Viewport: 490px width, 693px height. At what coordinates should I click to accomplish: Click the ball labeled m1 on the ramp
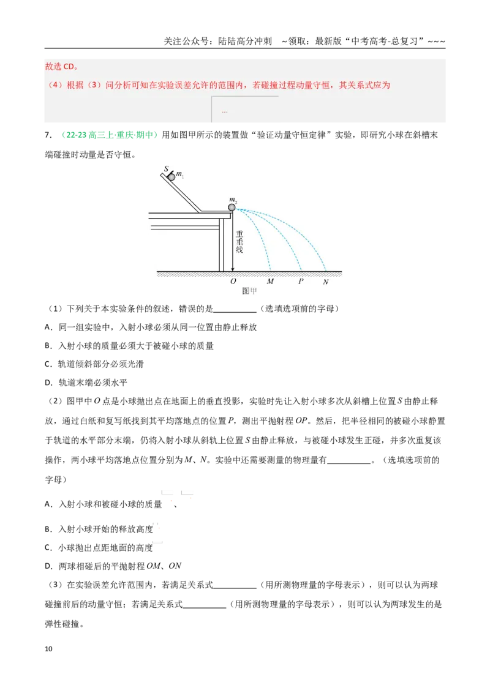click(x=171, y=177)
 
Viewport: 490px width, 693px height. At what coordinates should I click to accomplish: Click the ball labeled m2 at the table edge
click(x=232, y=208)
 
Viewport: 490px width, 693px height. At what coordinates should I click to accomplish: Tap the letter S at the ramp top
click(x=166, y=169)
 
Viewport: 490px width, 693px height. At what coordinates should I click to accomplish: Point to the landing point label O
click(x=233, y=281)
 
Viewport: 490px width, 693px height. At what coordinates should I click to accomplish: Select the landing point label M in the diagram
click(x=270, y=281)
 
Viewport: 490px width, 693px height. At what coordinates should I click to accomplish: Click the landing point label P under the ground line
click(x=301, y=281)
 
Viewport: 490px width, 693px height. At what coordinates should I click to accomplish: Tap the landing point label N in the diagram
click(x=326, y=282)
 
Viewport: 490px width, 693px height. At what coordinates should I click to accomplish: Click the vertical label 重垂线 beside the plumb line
click(x=239, y=242)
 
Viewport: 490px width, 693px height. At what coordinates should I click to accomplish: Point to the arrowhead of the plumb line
click(x=232, y=269)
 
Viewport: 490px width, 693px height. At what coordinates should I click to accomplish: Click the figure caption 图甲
click(x=249, y=291)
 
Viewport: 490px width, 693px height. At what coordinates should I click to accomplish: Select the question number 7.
click(x=48, y=135)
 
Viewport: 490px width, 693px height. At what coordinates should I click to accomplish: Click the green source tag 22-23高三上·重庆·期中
click(x=109, y=135)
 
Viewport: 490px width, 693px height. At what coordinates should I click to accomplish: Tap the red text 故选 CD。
click(x=61, y=67)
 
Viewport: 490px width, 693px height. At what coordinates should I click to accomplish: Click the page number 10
click(x=48, y=649)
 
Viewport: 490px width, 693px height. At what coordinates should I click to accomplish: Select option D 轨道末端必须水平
click(x=86, y=383)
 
